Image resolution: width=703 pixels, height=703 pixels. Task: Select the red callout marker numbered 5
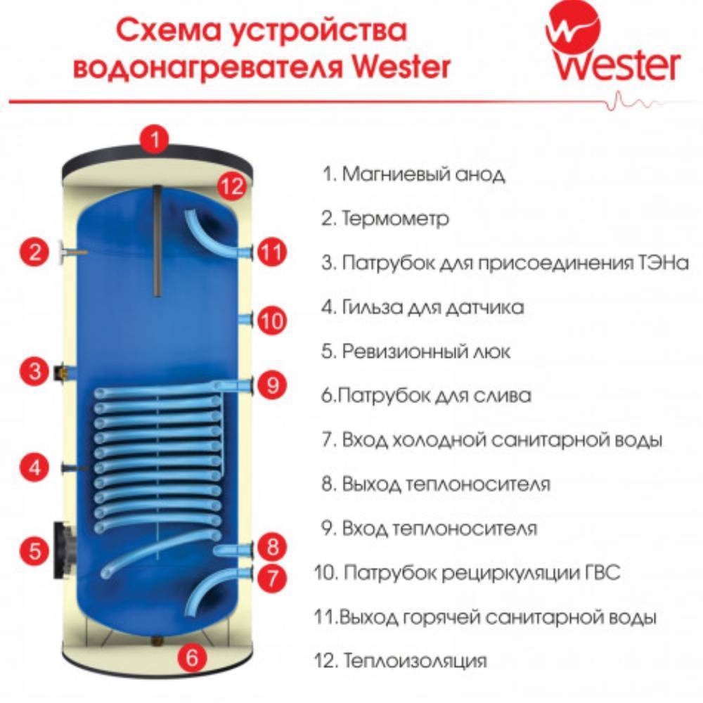34,550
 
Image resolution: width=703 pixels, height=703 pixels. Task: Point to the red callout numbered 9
272,384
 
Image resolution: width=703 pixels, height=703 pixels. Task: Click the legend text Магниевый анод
423,174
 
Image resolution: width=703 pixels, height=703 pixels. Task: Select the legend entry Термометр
394,219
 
